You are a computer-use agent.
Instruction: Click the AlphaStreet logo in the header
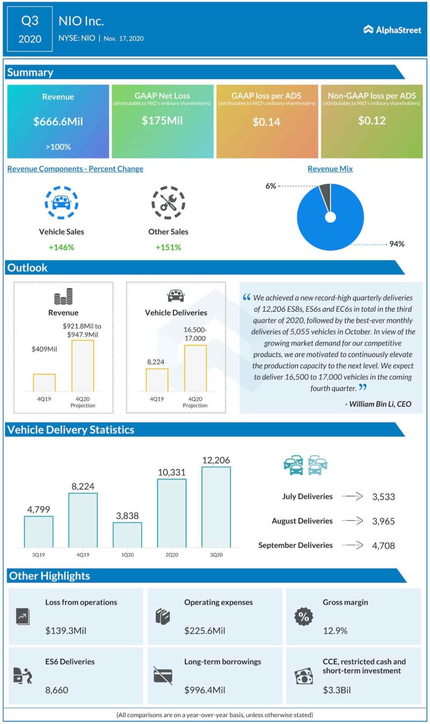(392, 30)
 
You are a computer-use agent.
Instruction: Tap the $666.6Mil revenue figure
(58, 121)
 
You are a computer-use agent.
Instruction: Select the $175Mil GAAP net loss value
(162, 120)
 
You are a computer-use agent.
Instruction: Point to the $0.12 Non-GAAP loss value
(372, 120)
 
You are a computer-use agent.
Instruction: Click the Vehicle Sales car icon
(61, 203)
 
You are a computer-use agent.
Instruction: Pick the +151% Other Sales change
(168, 247)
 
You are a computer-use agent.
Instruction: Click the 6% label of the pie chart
(270, 186)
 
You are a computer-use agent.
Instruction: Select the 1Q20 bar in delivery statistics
(127, 534)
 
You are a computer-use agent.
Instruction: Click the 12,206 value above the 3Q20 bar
(216, 460)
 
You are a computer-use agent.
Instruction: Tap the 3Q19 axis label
(39, 554)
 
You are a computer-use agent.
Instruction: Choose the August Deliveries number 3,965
(383, 521)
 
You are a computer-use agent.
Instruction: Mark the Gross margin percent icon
(303, 616)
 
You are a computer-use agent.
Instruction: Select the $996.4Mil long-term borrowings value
(204, 690)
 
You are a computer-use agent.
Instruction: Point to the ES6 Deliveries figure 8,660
(57, 690)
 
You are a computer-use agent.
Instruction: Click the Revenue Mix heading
(330, 168)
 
